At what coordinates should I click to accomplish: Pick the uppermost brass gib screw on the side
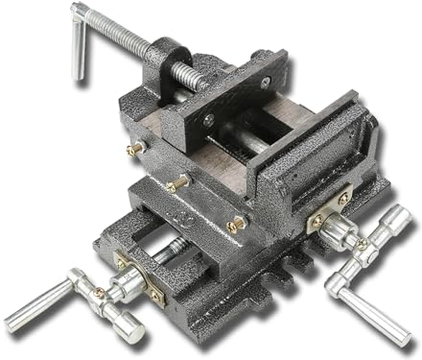137,148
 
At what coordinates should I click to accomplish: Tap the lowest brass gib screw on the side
236,224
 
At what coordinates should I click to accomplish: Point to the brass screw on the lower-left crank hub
100,292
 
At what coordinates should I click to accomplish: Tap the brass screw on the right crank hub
362,245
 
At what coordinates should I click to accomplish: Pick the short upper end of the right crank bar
397,222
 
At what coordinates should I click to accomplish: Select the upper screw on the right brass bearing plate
342,199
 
